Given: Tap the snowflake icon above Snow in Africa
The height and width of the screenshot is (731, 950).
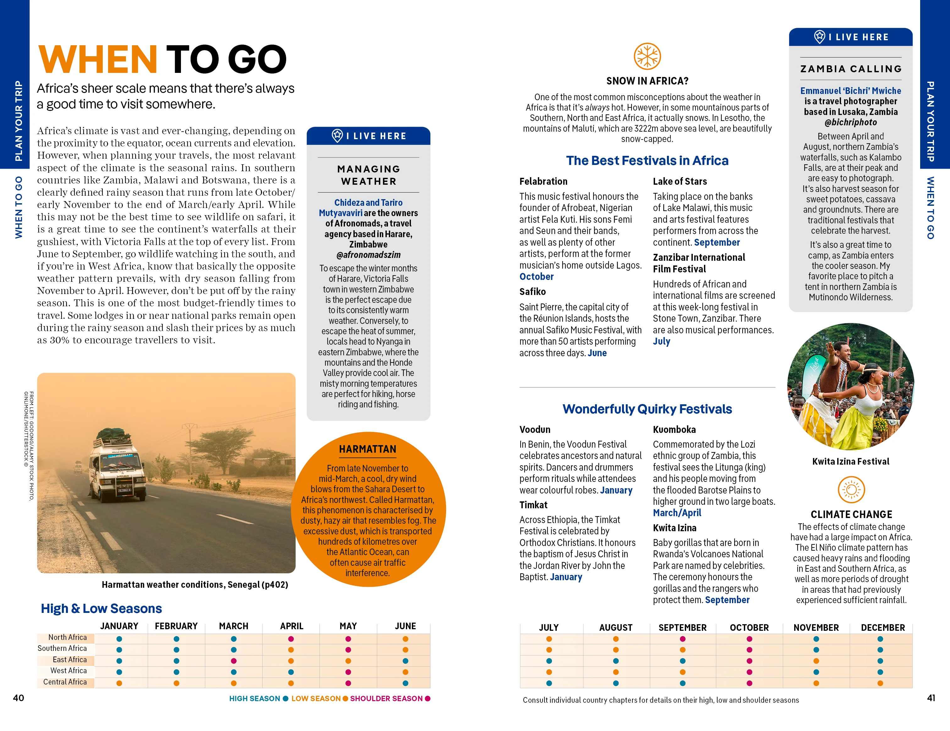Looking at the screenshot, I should click(x=647, y=56).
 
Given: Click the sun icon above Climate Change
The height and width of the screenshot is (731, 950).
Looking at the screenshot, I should click(x=851, y=490).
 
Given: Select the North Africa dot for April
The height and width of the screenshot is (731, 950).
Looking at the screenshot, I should click(x=291, y=639).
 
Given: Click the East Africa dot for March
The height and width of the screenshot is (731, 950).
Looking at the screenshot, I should click(x=234, y=661).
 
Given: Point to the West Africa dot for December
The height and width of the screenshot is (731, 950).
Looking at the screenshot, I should click(x=880, y=672).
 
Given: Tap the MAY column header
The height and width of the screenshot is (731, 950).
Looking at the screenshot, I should click(x=348, y=626).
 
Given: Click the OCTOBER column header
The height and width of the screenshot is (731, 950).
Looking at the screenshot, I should click(x=749, y=628).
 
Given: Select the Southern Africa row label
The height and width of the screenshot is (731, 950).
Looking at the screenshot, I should click(x=62, y=648).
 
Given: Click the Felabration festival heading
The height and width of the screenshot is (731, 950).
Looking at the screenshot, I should click(x=543, y=181).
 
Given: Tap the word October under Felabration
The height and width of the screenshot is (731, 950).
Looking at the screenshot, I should click(x=536, y=276).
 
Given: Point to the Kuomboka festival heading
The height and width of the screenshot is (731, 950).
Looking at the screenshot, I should click(x=674, y=430).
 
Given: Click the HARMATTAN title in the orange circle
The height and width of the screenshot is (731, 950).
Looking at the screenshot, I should click(x=368, y=449).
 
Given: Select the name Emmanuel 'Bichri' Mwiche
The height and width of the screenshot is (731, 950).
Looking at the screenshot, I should click(x=850, y=91).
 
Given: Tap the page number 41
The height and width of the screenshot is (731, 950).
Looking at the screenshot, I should click(x=931, y=698).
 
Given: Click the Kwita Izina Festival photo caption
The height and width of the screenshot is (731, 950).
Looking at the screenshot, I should click(x=850, y=461).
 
